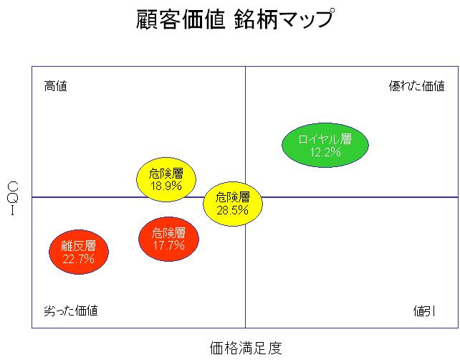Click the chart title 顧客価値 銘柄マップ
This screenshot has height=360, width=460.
(x=234, y=19)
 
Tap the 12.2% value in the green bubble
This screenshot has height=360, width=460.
(x=325, y=152)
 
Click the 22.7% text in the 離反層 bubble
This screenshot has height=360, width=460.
(x=78, y=259)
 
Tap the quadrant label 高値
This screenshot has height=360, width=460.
(x=55, y=86)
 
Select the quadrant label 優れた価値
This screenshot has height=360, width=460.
(x=416, y=86)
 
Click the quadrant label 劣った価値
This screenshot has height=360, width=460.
(x=71, y=311)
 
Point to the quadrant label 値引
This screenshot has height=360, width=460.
(x=423, y=311)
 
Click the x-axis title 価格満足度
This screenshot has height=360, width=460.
(x=246, y=348)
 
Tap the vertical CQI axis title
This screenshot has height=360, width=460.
(x=12, y=198)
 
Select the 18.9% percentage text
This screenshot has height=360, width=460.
(x=166, y=185)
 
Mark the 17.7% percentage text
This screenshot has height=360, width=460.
(x=168, y=245)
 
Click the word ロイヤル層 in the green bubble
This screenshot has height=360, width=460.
(x=325, y=139)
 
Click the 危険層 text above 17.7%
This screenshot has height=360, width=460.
(x=168, y=233)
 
